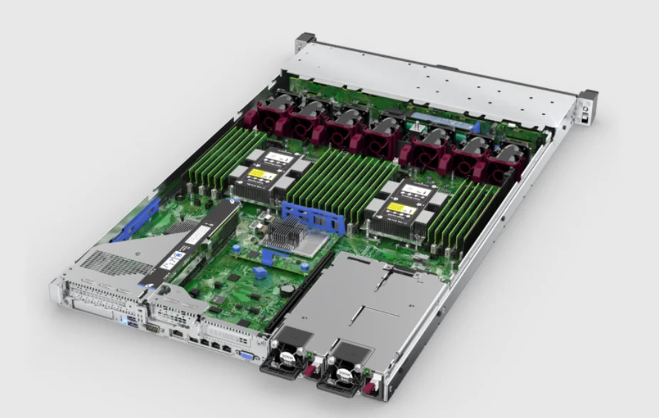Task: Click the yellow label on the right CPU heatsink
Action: (401, 209)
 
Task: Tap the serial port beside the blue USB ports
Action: (151, 328)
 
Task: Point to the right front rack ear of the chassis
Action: (587, 106)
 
